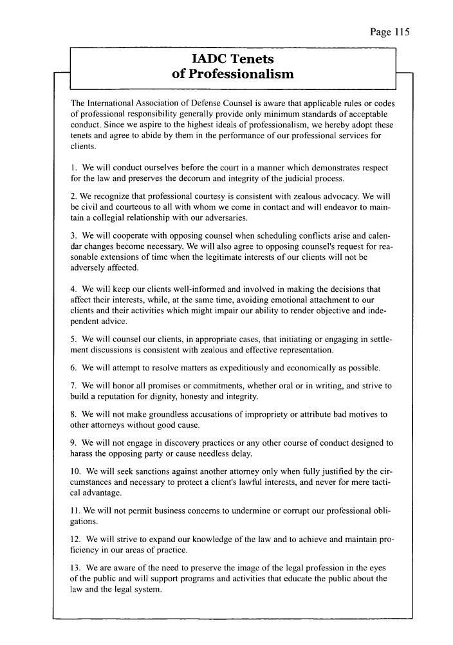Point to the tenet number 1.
[x=73, y=168]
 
